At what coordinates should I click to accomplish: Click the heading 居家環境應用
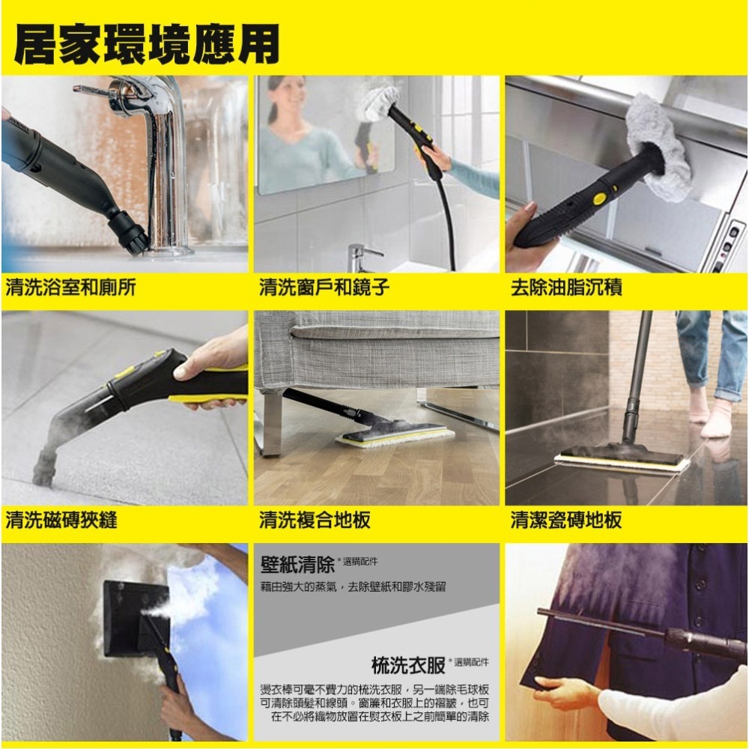click(147, 43)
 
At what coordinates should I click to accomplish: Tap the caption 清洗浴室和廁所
click(71, 288)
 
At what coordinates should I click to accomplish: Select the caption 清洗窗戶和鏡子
click(324, 288)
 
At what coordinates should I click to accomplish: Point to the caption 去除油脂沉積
click(566, 288)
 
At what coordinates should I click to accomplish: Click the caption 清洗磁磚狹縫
click(61, 520)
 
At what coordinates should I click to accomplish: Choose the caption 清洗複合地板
click(315, 520)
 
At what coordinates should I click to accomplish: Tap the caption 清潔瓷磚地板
click(566, 520)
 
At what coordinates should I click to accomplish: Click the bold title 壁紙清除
click(297, 562)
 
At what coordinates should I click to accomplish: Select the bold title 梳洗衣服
click(409, 664)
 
